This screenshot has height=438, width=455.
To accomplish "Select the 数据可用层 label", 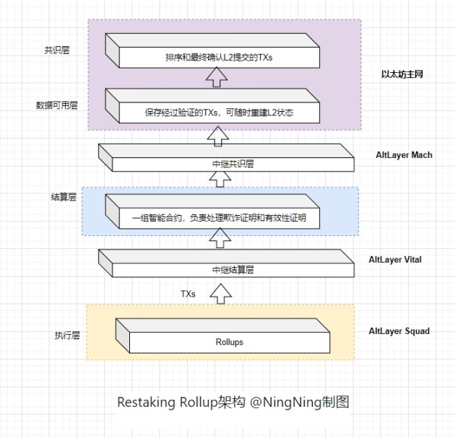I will point(56,105).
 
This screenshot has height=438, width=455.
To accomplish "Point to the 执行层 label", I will point(65,336).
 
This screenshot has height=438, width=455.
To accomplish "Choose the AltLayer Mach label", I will point(404,155).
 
